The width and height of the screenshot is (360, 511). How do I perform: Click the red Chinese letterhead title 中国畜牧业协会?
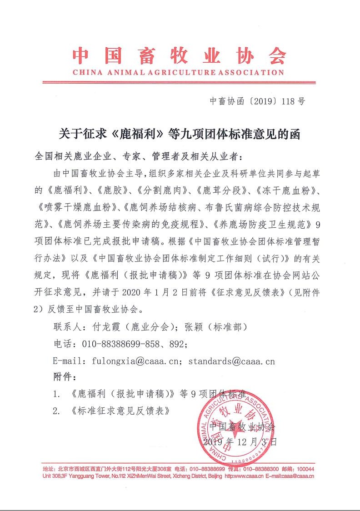click(180, 56)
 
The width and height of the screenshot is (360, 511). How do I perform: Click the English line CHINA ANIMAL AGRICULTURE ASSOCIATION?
click(179, 72)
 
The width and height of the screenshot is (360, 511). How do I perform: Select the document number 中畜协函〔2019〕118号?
click(257, 101)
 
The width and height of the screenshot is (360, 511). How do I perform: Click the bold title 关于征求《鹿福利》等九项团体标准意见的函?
click(180, 134)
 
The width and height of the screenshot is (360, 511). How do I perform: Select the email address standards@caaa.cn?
click(232, 361)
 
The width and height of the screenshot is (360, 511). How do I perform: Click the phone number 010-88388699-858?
click(128, 345)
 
